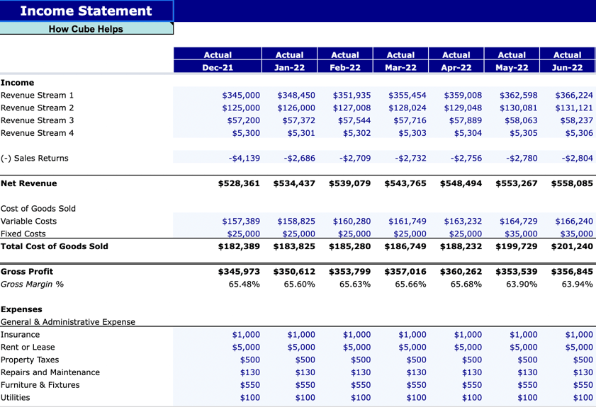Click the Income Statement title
point(86,11)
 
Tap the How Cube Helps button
point(86,29)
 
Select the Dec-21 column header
point(218,67)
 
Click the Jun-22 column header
point(567,67)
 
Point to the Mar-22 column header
point(400,67)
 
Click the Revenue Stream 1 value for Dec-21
point(241,95)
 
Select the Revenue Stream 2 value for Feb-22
point(352,108)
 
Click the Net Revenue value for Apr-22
point(461,183)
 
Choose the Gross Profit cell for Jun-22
point(571,271)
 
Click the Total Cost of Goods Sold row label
point(55,246)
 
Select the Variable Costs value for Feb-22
point(352,221)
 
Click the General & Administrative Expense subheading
point(68,321)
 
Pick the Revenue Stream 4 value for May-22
point(523,132)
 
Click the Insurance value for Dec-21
point(246,334)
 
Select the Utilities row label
point(16,398)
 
